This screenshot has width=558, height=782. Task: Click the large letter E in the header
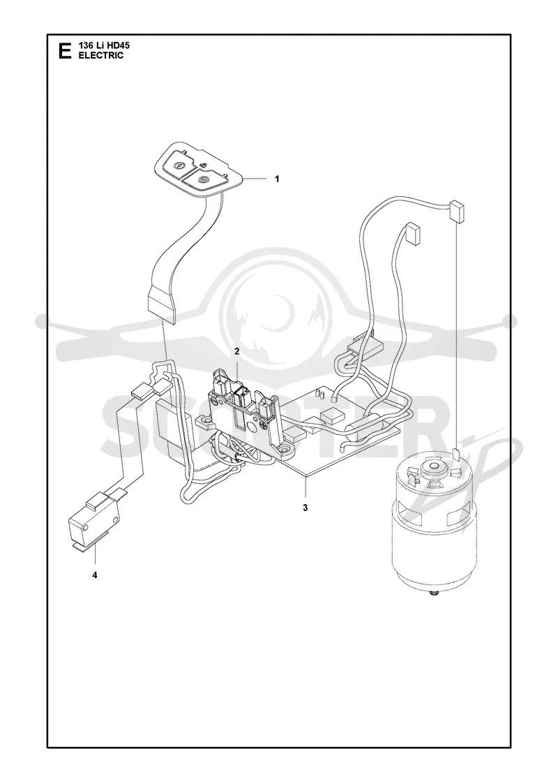pyautogui.click(x=64, y=51)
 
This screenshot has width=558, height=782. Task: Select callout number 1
pyautogui.click(x=276, y=179)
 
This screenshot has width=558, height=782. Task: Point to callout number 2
pyautogui.click(x=237, y=352)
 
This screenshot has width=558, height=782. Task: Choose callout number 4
pyautogui.click(x=95, y=575)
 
